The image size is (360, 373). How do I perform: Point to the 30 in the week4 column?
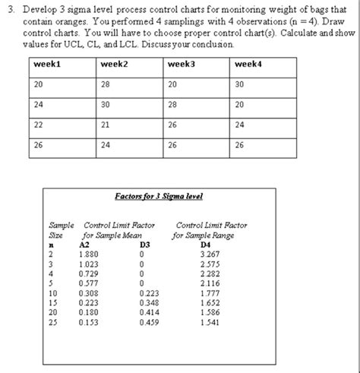point(241,84)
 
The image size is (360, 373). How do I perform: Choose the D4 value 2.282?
point(209,273)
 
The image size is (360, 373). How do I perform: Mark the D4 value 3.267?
point(209,254)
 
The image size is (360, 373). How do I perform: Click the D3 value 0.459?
point(150,321)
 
